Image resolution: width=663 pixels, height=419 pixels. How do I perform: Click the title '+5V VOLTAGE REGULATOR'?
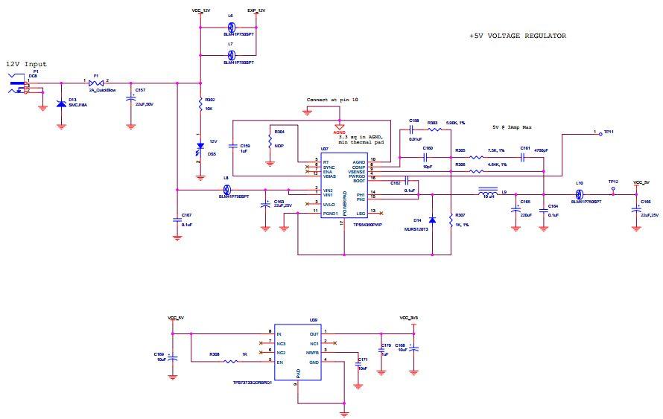click(x=517, y=36)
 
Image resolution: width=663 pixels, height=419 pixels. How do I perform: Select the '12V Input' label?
click(x=26, y=64)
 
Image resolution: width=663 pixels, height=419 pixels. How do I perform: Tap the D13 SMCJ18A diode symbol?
click(x=61, y=103)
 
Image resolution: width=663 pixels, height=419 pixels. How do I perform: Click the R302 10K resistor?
click(x=200, y=103)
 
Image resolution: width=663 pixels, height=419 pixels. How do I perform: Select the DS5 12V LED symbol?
click(x=200, y=153)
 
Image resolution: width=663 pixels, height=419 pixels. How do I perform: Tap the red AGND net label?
click(x=339, y=131)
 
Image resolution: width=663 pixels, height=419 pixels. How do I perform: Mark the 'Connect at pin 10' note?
click(x=332, y=100)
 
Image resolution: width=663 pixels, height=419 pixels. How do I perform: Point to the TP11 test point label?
click(x=608, y=131)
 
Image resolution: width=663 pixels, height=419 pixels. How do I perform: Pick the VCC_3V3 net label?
click(x=409, y=318)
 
